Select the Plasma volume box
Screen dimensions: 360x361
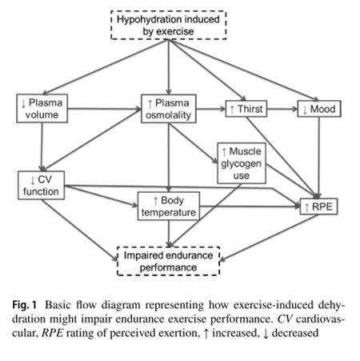(42, 109)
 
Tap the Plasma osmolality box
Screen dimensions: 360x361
(169, 109)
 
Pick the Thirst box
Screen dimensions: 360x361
(246, 109)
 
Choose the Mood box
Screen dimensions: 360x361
(319, 109)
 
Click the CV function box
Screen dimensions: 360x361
(41, 186)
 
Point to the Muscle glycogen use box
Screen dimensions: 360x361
(242, 163)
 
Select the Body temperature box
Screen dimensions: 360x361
(169, 207)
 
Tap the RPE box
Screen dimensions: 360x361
(319, 207)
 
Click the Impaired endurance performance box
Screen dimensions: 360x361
(169, 261)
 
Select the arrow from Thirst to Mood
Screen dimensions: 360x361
(282, 109)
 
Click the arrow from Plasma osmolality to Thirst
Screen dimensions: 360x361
(211, 109)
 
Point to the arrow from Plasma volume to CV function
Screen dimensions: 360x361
(42, 147)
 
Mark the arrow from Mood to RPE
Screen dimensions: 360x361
(319, 158)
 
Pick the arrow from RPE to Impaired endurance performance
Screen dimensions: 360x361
(269, 238)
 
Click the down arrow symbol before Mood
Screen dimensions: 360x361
(305, 110)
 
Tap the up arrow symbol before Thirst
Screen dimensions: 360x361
(232, 110)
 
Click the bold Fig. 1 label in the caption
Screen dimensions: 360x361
(24, 305)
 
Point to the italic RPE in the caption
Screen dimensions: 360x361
(53, 333)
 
